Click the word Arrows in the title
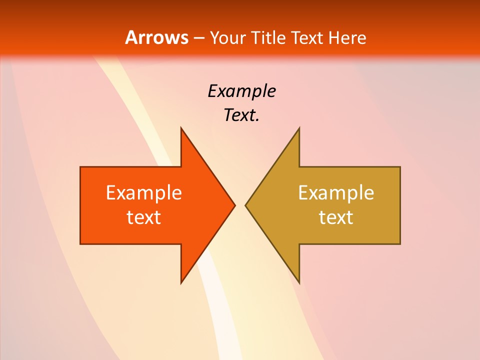tap(156, 37)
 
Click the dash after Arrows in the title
tap(198, 38)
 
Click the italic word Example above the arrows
tap(241, 91)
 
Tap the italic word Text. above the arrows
tap(241, 115)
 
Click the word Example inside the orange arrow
tap(144, 192)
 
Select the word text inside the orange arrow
tap(144, 217)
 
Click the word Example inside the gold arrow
tap(336, 192)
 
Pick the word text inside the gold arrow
tap(336, 217)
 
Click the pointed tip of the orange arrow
tap(234, 205)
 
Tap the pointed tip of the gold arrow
tap(245, 205)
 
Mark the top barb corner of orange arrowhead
tap(181, 128)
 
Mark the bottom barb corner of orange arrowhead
tap(181, 283)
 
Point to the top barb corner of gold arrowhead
tap(299, 128)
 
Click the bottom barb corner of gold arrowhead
tap(299, 283)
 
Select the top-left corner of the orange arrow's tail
tap(80, 167)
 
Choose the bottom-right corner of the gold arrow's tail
tap(400, 243)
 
